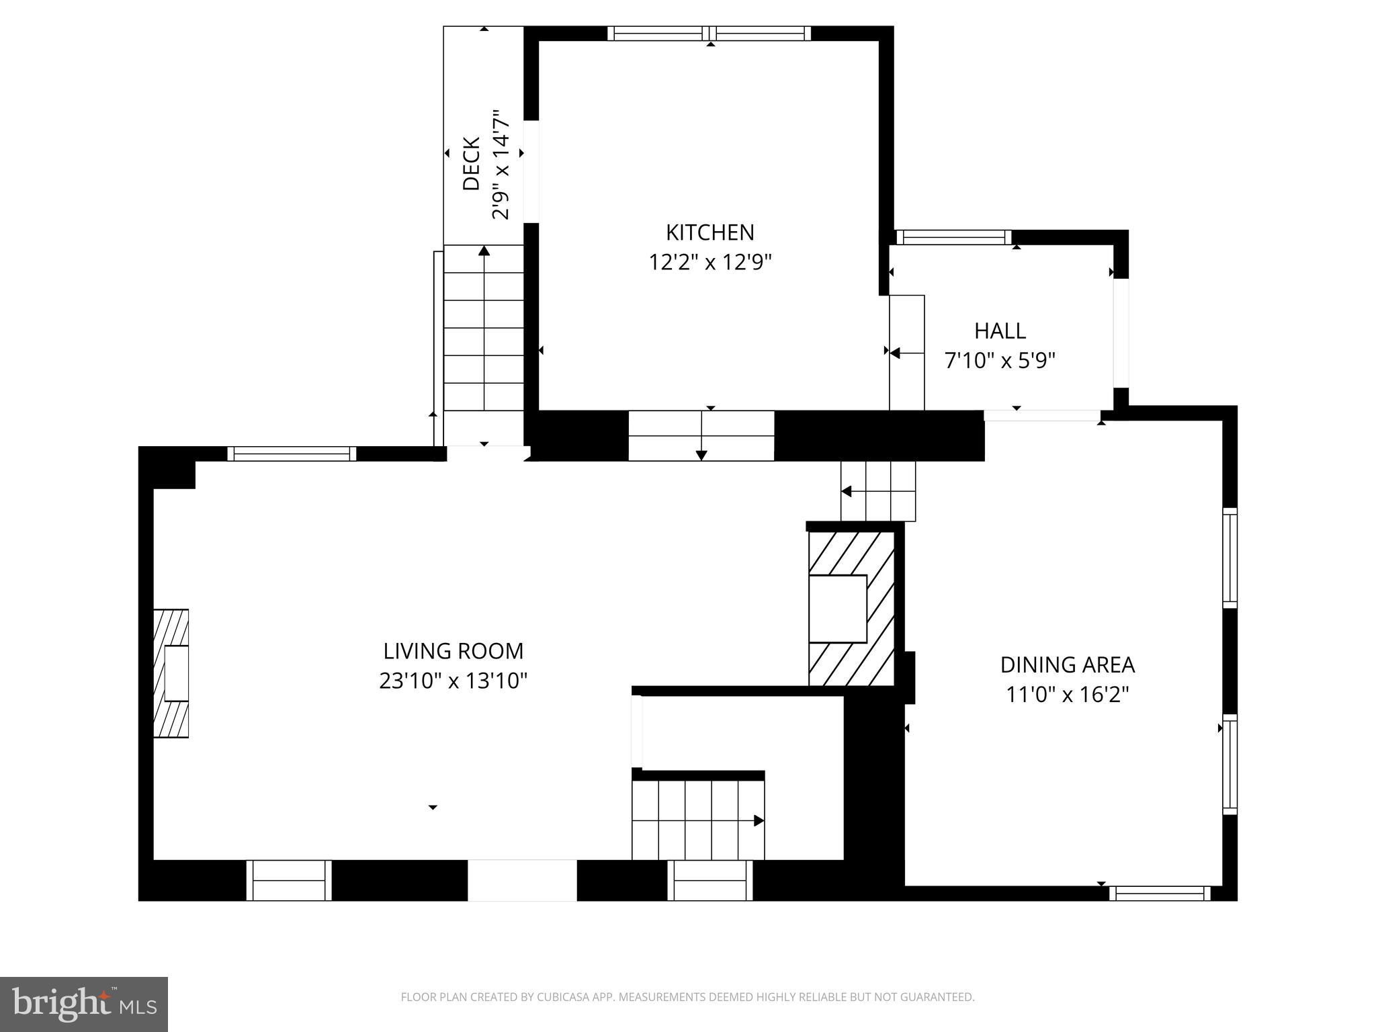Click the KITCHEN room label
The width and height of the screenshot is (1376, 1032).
[x=709, y=232]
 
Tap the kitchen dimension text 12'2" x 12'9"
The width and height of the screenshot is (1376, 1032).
[x=709, y=262]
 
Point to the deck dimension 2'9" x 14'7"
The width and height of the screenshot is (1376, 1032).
[x=501, y=165]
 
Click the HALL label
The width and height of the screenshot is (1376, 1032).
[x=1000, y=331]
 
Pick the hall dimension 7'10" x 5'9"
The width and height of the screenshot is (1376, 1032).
[x=1000, y=361]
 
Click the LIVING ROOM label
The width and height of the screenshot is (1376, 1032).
[x=453, y=651]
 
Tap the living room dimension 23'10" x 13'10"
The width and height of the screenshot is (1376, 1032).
[x=453, y=681]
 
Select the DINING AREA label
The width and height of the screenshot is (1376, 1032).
[x=1067, y=664]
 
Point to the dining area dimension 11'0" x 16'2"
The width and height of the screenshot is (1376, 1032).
[x=1067, y=694]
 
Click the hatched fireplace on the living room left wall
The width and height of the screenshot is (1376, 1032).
[x=171, y=673]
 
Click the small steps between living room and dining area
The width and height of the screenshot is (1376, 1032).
[x=878, y=491]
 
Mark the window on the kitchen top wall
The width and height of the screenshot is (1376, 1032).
[x=709, y=34]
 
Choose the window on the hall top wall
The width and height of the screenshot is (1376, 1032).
[x=953, y=237]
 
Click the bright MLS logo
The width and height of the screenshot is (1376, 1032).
[x=83, y=1004]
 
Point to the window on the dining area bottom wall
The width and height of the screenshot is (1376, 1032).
[x=1160, y=893]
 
